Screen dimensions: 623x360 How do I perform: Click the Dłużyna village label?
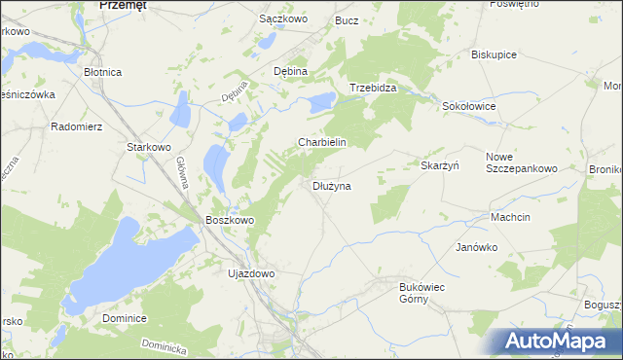(x=332, y=185)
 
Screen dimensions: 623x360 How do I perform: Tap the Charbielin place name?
(x=322, y=142)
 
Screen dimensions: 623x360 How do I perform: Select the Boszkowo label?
(x=230, y=221)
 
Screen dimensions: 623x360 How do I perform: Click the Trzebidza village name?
(x=373, y=87)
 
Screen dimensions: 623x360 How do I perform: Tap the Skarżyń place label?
(x=439, y=165)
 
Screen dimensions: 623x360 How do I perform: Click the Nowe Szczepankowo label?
(x=521, y=162)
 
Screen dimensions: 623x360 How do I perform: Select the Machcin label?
(x=511, y=217)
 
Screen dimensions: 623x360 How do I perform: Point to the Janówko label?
(x=477, y=247)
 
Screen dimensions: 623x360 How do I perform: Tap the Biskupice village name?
(x=494, y=54)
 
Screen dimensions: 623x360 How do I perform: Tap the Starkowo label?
(x=150, y=147)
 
